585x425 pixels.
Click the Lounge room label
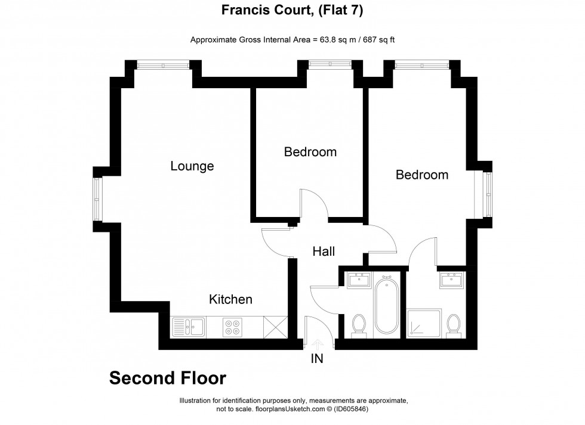(192, 166)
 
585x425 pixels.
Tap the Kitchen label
(230, 299)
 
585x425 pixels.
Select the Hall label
(324, 252)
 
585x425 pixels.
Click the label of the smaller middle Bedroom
(310, 152)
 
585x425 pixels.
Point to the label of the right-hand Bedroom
(422, 175)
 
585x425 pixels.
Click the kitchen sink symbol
(188, 327)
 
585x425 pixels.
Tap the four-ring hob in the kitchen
(232, 327)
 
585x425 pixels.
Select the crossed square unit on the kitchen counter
(276, 327)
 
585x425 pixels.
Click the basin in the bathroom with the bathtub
(359, 279)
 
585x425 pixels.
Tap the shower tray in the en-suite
(424, 324)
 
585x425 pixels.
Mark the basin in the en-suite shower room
(452, 280)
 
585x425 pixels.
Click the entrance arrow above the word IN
(318, 344)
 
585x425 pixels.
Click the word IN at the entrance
(318, 359)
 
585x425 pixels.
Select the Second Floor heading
(168, 378)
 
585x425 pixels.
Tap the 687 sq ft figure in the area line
(377, 40)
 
